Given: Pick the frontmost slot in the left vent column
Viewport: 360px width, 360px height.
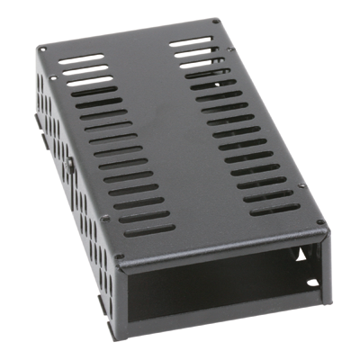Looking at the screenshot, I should pyautogui.click(x=149, y=230).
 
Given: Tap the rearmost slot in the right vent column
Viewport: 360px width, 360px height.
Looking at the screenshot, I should pyautogui.click(x=193, y=40).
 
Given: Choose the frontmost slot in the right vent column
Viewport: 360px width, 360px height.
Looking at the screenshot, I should pyautogui.click(x=275, y=210).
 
